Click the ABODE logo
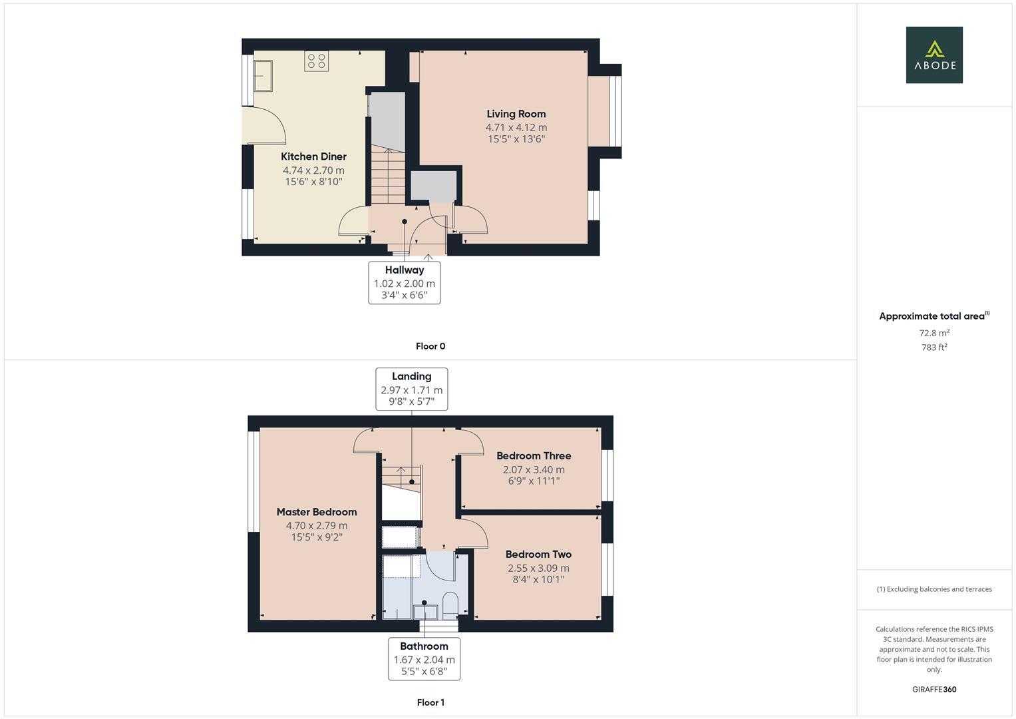tap(934, 55)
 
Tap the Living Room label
tap(516, 114)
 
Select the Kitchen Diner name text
tap(313, 156)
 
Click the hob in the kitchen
tap(317, 61)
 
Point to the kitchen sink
tap(263, 76)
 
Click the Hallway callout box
tap(405, 283)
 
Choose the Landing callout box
tap(412, 389)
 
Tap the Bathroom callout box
tap(424, 659)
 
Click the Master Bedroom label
tap(317, 512)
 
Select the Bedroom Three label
tap(534, 456)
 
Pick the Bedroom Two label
tap(538, 554)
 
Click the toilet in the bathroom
tap(450, 606)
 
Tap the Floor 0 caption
tap(430, 346)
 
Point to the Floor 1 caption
tap(430, 702)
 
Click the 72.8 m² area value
tap(934, 333)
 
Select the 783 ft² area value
tap(934, 348)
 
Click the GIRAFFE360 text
tap(934, 690)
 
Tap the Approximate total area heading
tap(934, 316)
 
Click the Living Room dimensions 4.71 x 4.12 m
tap(516, 128)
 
